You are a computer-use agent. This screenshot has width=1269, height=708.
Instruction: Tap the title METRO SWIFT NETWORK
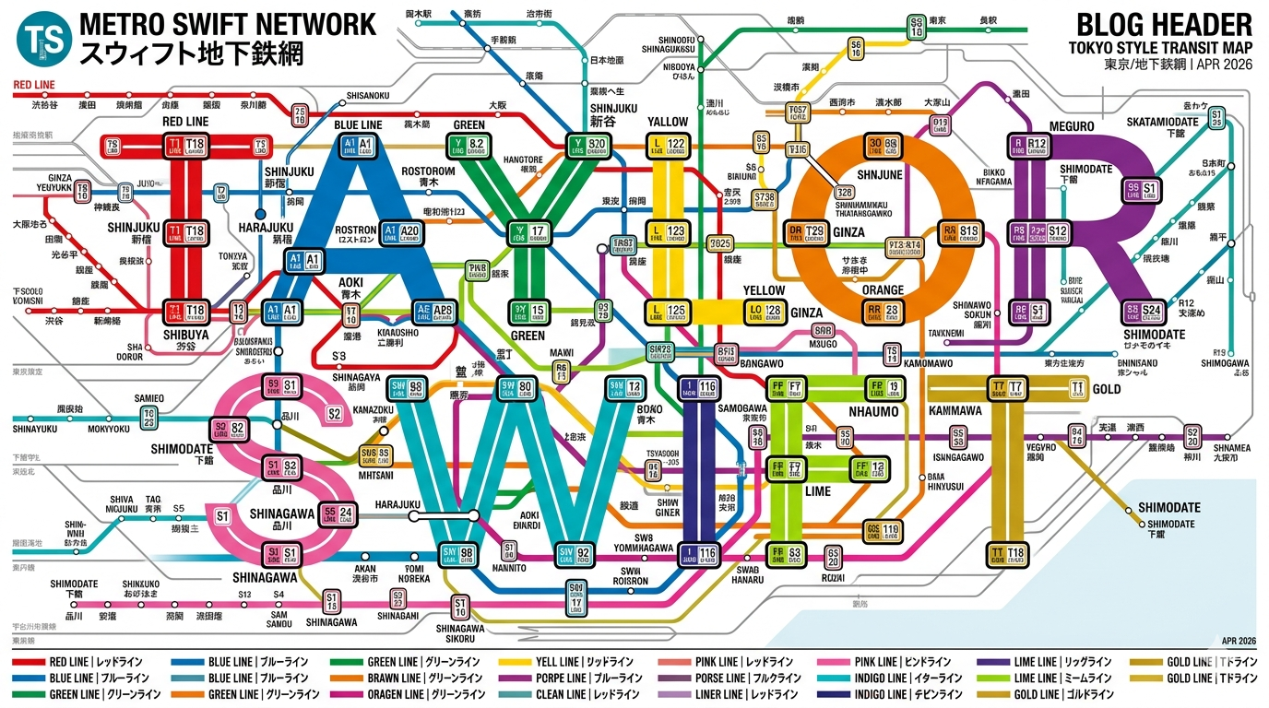pos(228,23)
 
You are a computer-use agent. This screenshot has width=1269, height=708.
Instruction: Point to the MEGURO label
pos(1071,126)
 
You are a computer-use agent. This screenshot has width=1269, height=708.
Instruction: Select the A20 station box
pos(403,231)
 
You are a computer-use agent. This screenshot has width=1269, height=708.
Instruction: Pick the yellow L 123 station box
pos(668,231)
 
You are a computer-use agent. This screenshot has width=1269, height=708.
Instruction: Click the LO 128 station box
pos(765,311)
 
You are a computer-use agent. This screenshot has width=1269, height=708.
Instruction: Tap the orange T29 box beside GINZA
pos(805,231)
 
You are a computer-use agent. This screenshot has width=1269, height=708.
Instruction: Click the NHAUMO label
pos(873,411)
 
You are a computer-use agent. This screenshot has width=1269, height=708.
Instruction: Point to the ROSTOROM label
pos(429,171)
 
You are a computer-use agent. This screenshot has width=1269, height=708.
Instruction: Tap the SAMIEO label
pos(148,398)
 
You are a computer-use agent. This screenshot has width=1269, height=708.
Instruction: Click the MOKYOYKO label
pos(109,430)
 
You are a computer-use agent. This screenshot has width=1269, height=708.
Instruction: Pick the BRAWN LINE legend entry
pos(400,678)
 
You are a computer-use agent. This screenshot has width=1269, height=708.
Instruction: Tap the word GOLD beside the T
pos(1107,389)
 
